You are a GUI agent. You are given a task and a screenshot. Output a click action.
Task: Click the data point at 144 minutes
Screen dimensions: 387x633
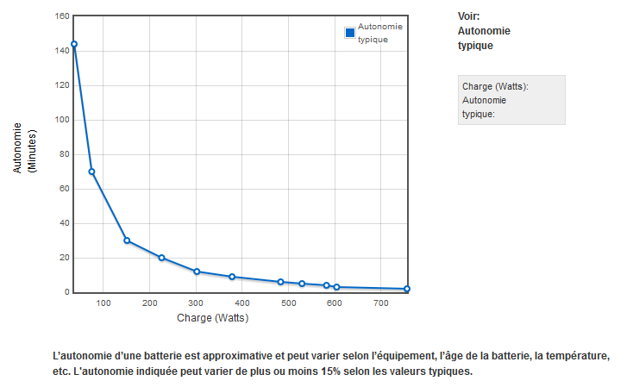pos(74,44)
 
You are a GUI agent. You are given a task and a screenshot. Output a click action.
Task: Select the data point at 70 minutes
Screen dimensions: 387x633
pos(91,172)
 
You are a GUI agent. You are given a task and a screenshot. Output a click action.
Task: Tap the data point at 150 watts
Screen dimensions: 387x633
pos(127,240)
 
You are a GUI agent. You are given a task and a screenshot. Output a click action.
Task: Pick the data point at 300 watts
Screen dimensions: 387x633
pos(197,272)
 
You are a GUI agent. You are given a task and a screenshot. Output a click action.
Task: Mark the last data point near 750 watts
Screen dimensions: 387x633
pos(406,289)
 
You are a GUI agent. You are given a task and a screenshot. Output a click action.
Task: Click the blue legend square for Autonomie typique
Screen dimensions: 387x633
pos(350,33)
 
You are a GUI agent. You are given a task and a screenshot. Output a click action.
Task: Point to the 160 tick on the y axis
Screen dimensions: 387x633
pos(61,16)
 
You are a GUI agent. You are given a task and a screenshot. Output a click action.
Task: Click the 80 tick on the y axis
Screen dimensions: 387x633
pos(64,154)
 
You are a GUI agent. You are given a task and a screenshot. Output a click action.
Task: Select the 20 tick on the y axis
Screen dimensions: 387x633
pos(64,258)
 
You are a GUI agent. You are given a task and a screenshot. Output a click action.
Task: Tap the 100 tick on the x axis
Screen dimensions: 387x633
pos(103,303)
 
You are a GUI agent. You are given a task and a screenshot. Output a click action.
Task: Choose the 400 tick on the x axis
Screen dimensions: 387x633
pos(242,303)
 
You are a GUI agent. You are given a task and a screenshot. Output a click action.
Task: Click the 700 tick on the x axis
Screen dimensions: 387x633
pos(381,303)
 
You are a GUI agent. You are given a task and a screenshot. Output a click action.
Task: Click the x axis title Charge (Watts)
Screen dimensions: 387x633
pos(212,317)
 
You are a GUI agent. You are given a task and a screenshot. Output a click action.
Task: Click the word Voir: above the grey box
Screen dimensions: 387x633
pos(469,16)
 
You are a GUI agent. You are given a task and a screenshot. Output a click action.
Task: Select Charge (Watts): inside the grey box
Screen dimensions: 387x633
pos(496,86)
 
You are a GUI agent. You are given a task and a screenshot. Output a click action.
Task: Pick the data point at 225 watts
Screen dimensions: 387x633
pos(161,258)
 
